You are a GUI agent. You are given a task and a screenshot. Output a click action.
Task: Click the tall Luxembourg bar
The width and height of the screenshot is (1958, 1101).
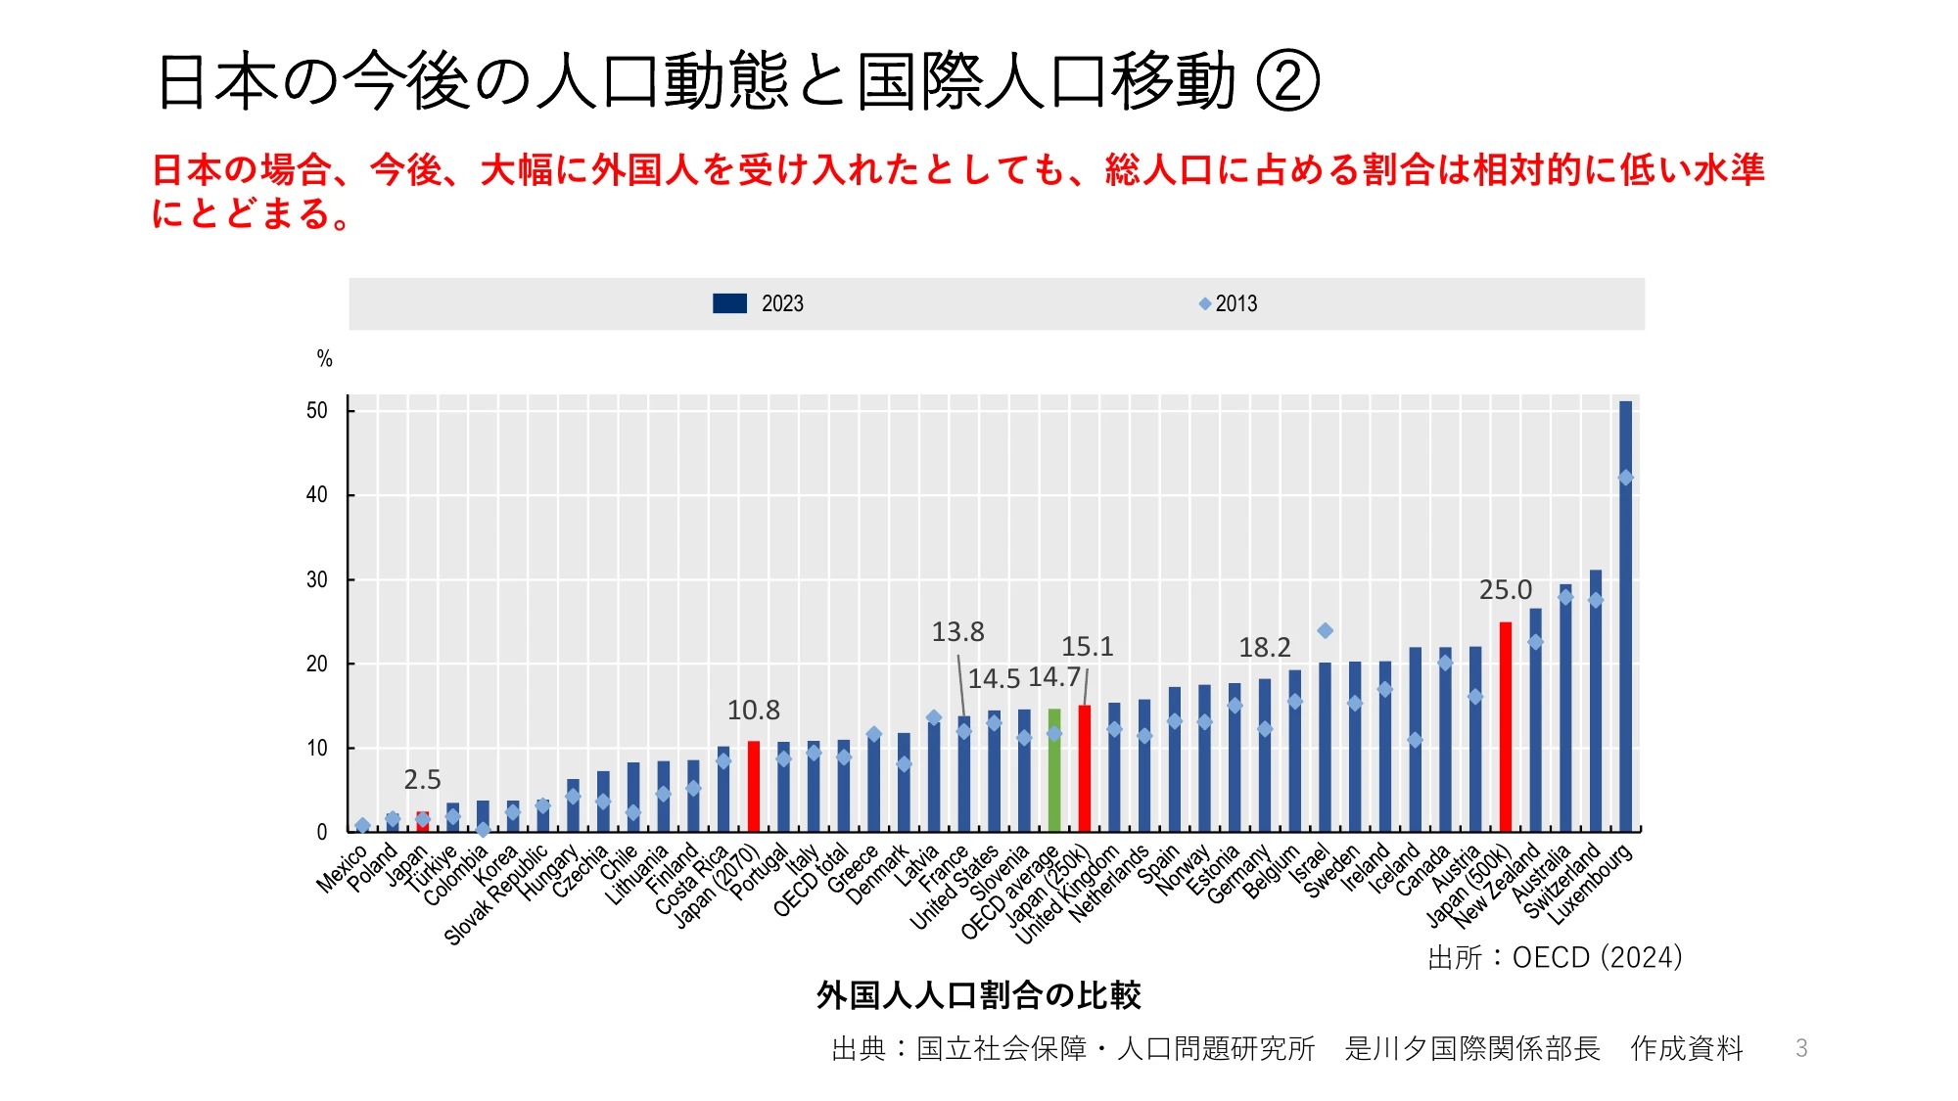(x=1625, y=617)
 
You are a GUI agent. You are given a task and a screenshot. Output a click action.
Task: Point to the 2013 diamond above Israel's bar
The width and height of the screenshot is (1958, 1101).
(x=1325, y=631)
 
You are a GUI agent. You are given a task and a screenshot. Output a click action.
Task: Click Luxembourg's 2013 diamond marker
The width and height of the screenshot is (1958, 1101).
(x=1625, y=478)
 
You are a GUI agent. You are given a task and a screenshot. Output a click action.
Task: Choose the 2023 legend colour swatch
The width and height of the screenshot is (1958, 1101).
(x=729, y=303)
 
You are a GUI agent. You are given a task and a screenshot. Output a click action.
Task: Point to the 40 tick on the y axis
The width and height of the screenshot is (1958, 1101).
(x=316, y=495)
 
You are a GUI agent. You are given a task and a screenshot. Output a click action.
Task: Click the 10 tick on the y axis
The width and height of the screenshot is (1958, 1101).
(x=316, y=749)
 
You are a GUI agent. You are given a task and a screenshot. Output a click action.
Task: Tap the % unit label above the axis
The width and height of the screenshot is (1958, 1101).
(x=325, y=359)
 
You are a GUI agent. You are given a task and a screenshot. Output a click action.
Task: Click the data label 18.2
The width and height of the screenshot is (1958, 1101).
(x=1264, y=648)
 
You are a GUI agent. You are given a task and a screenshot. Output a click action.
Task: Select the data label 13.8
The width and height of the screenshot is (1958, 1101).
(x=957, y=632)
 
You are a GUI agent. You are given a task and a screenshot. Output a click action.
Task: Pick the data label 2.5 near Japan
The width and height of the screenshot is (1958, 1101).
(x=422, y=780)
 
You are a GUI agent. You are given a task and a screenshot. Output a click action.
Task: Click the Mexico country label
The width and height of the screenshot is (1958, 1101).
(x=341, y=869)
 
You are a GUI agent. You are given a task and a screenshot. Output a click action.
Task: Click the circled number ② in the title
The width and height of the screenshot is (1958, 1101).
(x=1287, y=81)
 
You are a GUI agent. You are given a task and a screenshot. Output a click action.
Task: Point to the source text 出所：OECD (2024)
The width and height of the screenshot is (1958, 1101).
(x=1555, y=957)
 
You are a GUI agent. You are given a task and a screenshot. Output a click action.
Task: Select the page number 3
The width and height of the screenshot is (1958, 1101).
(x=1801, y=1048)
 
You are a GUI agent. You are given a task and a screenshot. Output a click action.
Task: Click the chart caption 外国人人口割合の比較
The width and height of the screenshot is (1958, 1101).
(x=978, y=995)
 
